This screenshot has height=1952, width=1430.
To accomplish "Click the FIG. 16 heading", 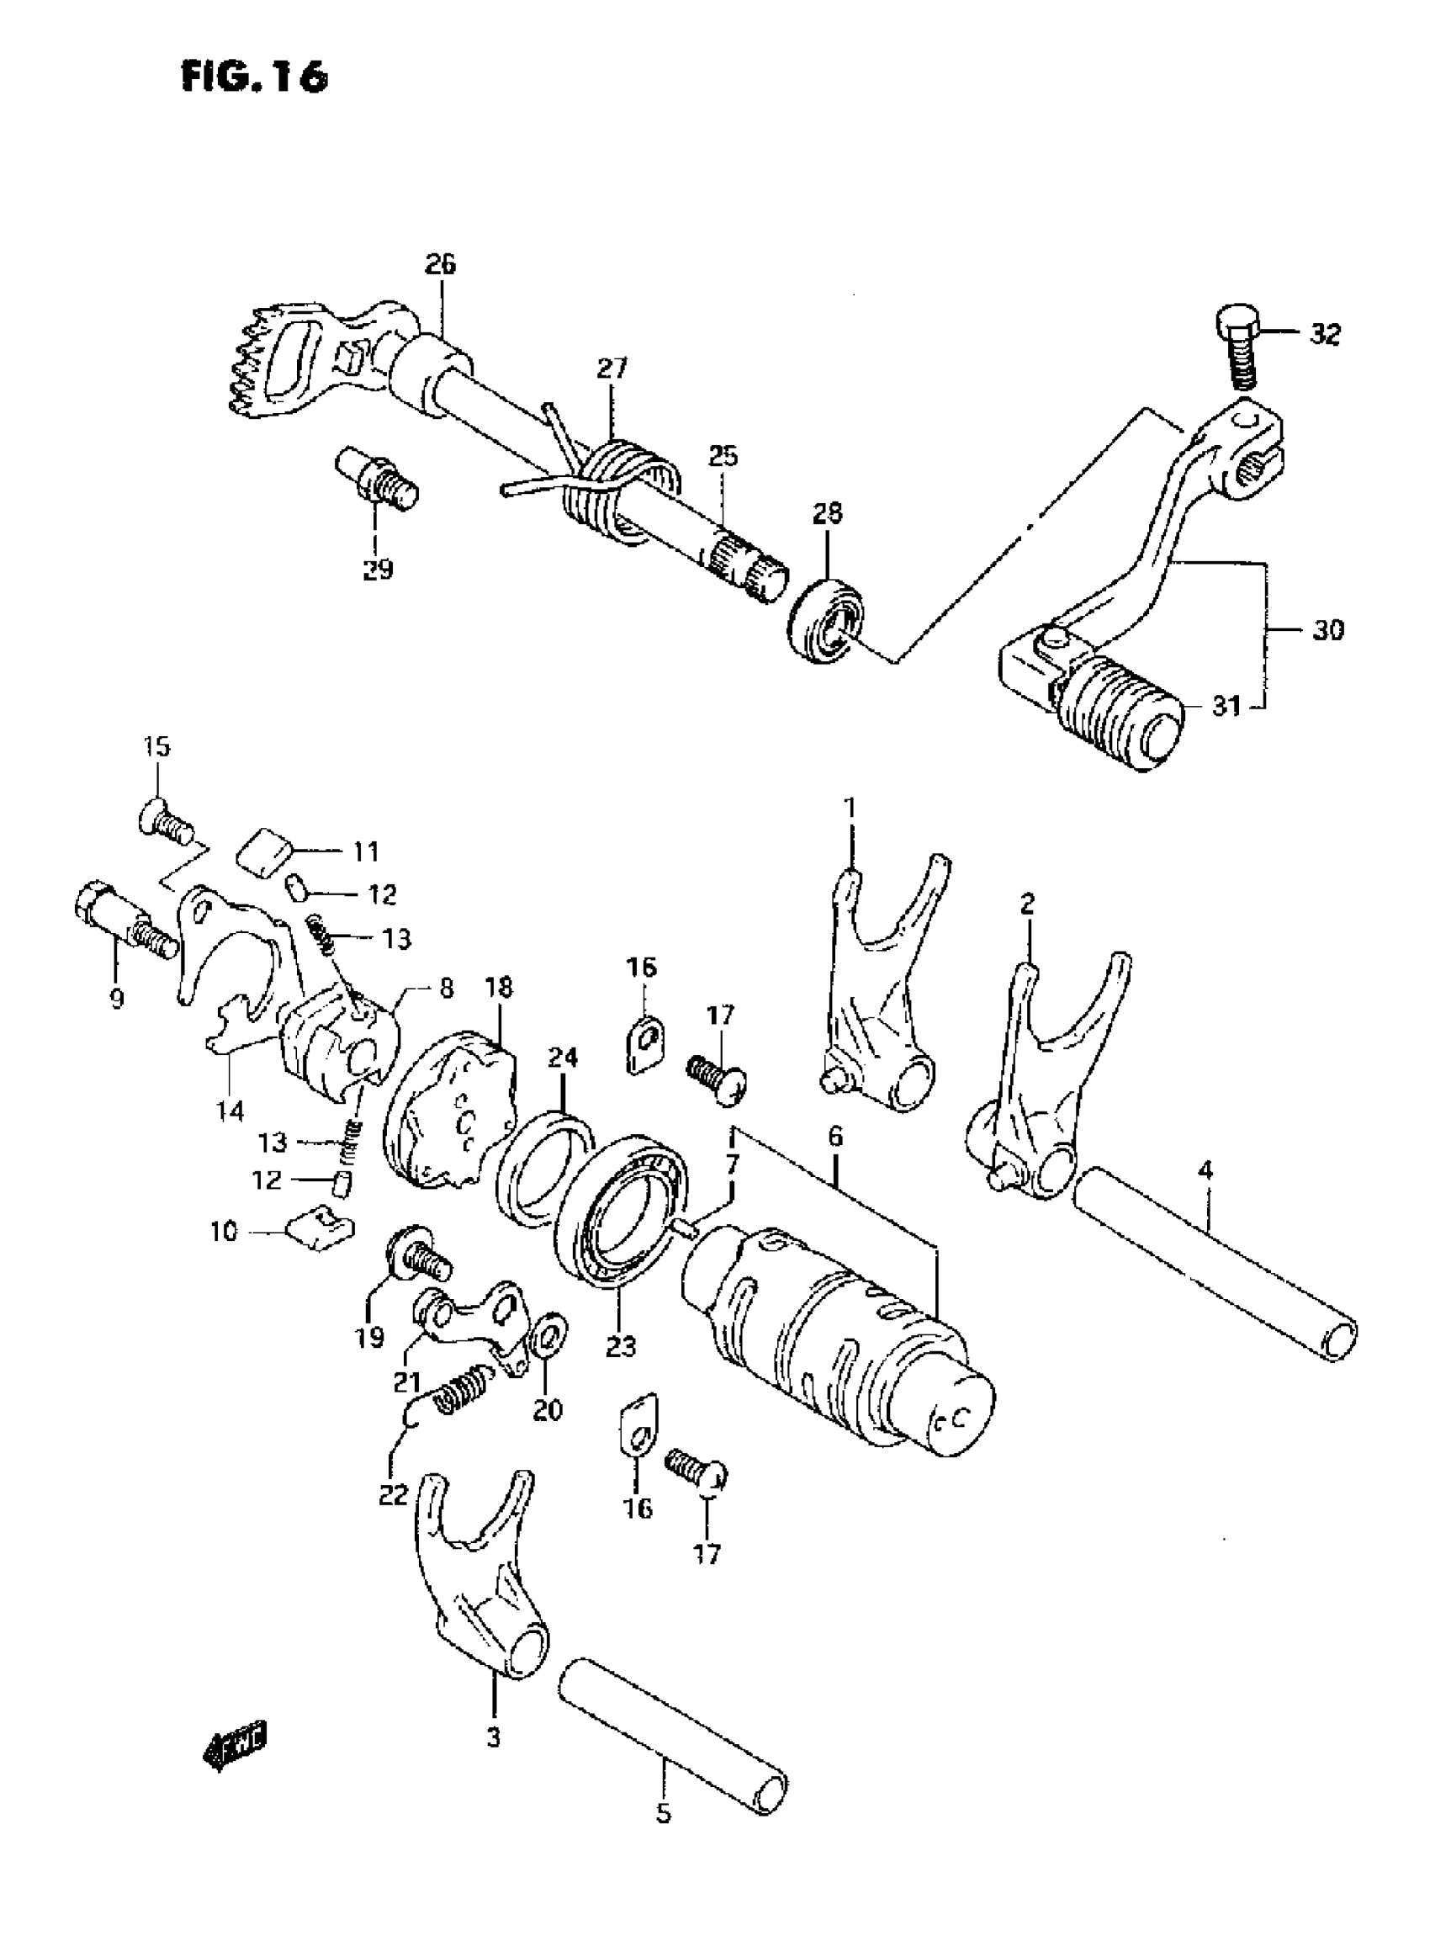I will click(256, 77).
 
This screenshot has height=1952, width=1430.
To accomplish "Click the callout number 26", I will click(440, 265).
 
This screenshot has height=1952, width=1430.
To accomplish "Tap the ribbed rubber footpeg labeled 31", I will click(1116, 713).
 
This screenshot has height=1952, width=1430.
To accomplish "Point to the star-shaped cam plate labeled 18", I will click(449, 1109).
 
